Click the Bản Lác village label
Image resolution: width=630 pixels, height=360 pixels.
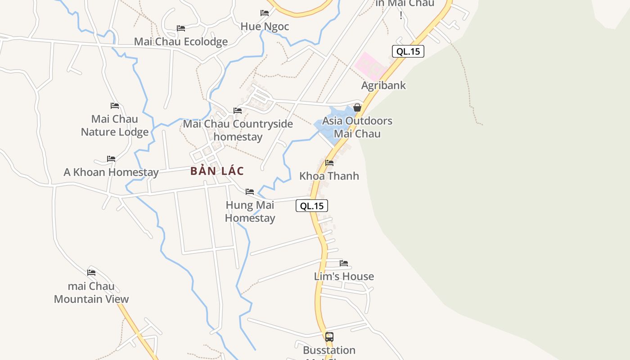click(x=217, y=171)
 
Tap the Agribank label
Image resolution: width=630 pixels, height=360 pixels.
click(x=383, y=85)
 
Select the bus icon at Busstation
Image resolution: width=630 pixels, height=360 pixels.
click(x=329, y=337)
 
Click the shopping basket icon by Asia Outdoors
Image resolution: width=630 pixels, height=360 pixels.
click(x=357, y=108)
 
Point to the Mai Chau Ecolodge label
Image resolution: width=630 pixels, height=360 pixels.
click(x=181, y=42)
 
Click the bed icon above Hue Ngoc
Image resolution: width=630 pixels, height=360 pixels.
click(x=265, y=13)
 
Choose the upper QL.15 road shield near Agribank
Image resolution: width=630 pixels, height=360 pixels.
click(x=408, y=51)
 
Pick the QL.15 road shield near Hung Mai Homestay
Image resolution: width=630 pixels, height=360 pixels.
click(x=312, y=206)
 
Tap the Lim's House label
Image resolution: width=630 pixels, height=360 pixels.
click(x=344, y=276)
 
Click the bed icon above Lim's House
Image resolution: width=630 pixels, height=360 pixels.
click(x=344, y=263)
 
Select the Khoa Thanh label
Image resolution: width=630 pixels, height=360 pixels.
click(x=329, y=176)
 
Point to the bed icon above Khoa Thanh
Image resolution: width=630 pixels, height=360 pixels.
click(x=329, y=163)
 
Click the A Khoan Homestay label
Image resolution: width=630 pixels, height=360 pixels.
click(x=111, y=172)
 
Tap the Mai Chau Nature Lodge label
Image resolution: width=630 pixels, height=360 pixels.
click(x=115, y=126)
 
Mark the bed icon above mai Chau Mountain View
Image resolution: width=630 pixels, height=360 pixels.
click(x=91, y=273)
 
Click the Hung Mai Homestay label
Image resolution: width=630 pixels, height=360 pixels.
click(x=250, y=211)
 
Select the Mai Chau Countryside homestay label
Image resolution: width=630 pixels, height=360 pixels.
click(x=238, y=130)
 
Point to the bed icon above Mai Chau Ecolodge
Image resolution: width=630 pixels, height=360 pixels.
click(x=181, y=28)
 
